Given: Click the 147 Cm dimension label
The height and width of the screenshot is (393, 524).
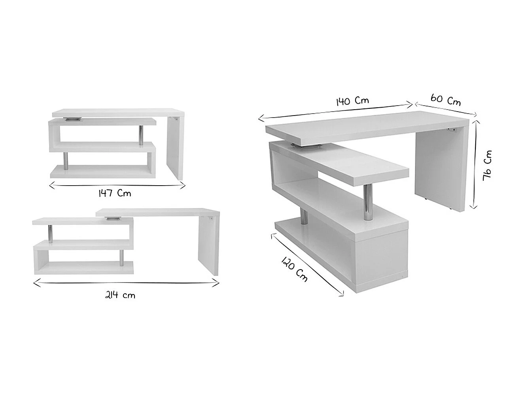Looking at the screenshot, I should pos(115,194).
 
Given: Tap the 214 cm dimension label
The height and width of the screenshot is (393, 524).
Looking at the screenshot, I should pos(120,295).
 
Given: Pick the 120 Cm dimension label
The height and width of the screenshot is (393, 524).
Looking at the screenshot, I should pos(294,269).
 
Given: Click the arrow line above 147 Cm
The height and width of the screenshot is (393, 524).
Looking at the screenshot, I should pos(117,185).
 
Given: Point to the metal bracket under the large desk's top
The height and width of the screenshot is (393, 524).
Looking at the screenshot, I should pos(451,129).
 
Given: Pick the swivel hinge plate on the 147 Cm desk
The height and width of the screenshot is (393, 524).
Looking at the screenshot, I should pos(73,118).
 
